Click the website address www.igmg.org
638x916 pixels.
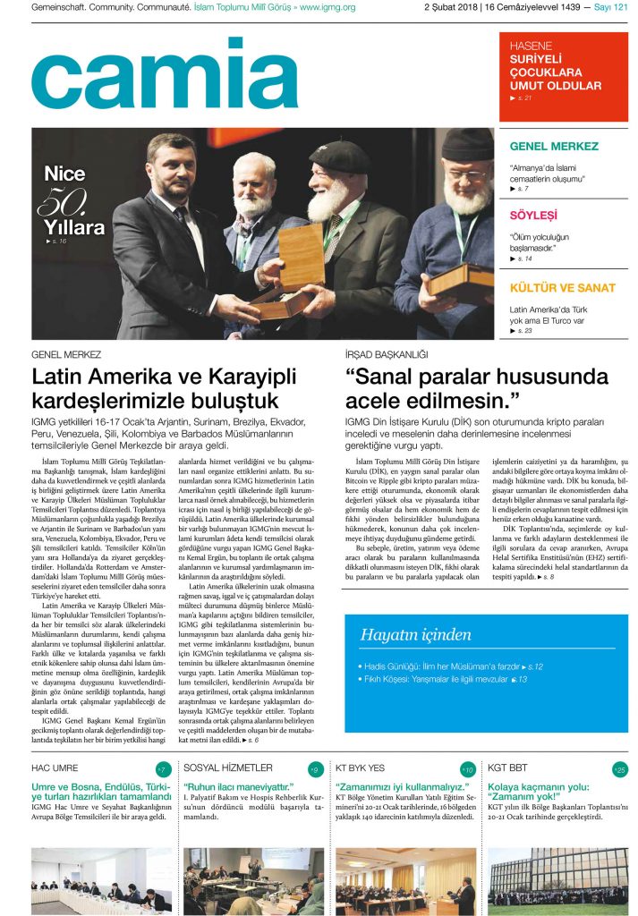point(328,8)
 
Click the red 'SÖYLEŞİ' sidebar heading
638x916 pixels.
point(533,216)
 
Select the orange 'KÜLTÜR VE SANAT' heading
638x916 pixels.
point(562,288)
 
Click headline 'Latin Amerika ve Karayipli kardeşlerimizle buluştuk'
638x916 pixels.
point(156,388)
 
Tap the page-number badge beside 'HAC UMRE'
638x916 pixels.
point(163,769)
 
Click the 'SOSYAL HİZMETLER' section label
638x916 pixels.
point(228,768)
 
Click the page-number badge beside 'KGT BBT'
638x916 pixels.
point(620,769)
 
